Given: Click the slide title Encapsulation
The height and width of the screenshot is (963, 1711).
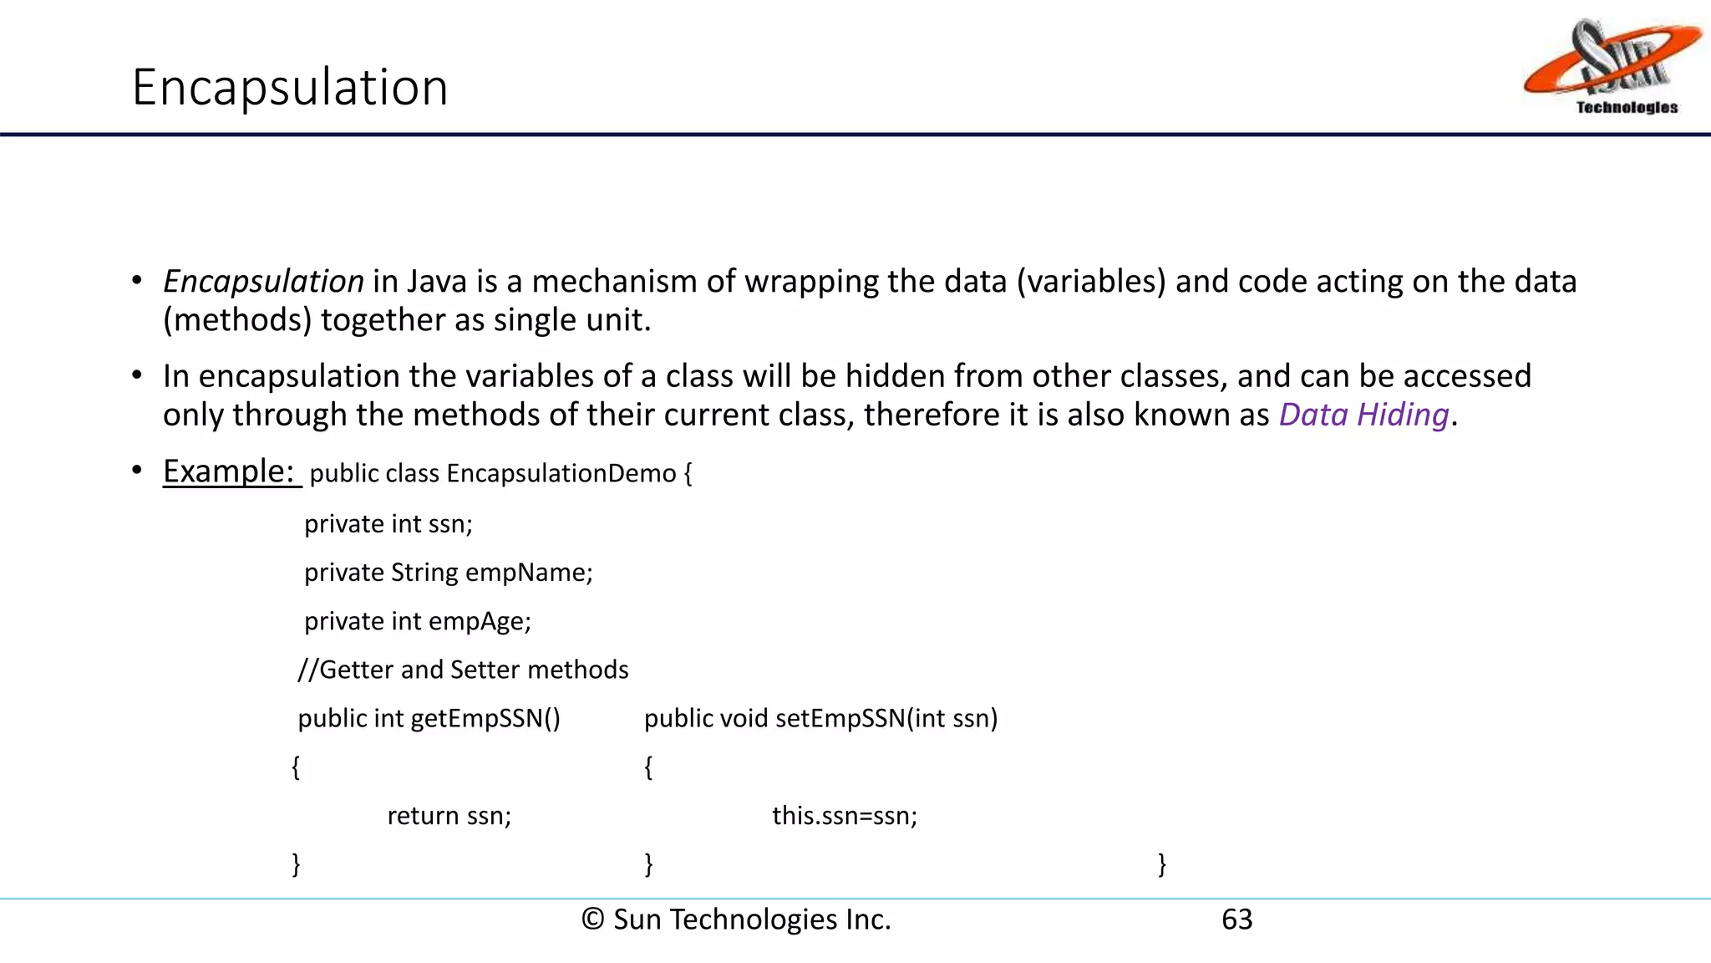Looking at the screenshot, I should click(290, 87).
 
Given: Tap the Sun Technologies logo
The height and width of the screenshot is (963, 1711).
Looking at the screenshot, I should click(1612, 67).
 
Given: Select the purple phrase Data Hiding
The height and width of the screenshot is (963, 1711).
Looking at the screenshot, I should click(1363, 415).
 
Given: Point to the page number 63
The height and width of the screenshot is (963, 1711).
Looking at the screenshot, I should click(1236, 920).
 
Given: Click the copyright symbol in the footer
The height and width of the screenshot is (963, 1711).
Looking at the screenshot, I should click(592, 920).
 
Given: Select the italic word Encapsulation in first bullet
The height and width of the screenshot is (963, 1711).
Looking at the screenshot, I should click(263, 282).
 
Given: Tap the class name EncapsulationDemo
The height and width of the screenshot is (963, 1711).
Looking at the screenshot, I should click(561, 474).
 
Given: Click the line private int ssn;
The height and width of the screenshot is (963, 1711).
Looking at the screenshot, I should click(388, 524).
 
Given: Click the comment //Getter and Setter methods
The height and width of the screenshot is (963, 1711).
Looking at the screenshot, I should click(463, 670).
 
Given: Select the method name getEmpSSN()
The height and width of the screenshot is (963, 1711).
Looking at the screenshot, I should click(485, 719).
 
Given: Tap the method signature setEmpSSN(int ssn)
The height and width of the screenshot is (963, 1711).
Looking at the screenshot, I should click(886, 719).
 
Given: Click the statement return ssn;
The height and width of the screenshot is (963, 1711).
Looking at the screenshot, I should click(449, 816).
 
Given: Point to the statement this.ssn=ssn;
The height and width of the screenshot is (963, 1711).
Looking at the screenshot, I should click(845, 816).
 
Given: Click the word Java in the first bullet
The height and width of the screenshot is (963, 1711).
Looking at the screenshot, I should click(437, 282).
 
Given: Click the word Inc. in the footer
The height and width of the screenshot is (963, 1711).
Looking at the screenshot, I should click(868, 920).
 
